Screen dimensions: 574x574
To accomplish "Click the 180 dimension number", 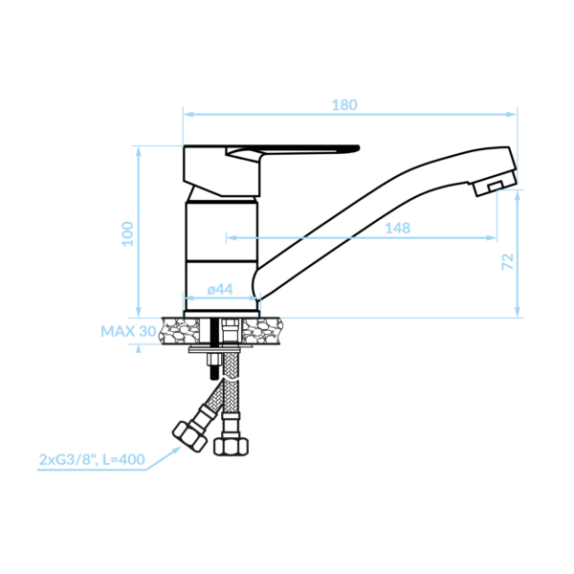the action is [x=344, y=105].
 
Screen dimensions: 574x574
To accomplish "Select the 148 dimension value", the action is [x=398, y=229].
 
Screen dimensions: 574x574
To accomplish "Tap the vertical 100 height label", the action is [x=128, y=234].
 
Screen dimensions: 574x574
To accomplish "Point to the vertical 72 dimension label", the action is [x=507, y=261].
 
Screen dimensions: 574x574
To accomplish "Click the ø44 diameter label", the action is [x=220, y=289].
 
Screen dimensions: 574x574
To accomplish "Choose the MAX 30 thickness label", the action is [x=128, y=331].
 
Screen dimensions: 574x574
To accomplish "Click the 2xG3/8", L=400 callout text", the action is [x=92, y=459].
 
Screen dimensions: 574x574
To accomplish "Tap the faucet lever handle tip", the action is [x=357, y=148].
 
